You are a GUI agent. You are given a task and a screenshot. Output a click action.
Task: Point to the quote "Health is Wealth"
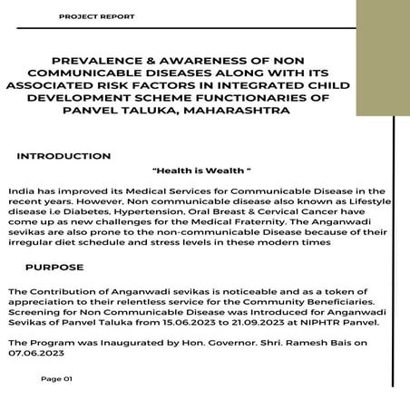[x=203, y=170]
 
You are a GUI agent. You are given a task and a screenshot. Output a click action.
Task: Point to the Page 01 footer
[x=55, y=379]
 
